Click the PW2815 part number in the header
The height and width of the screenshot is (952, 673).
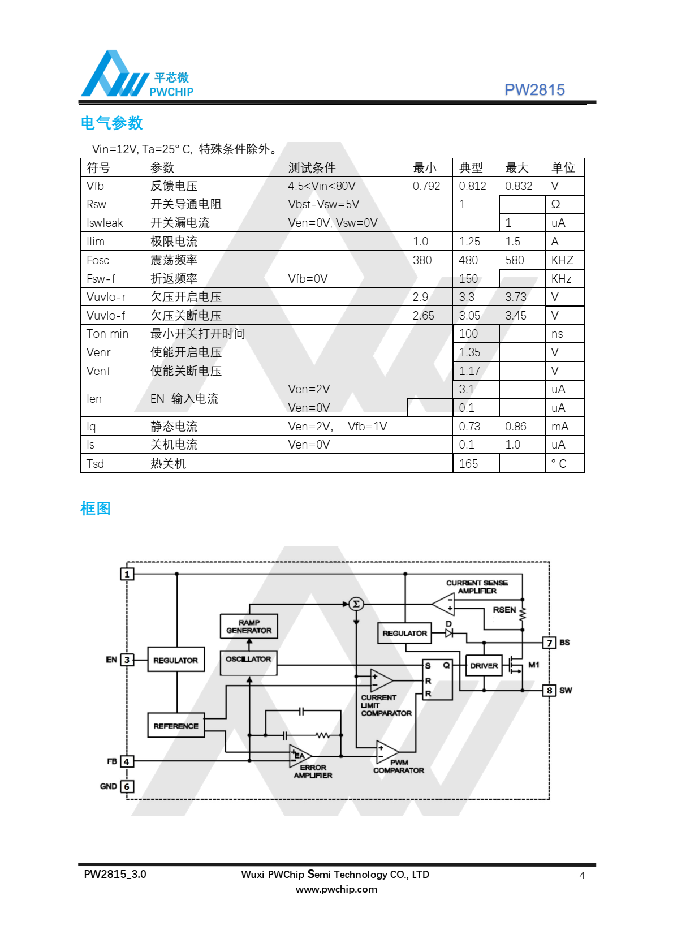[534, 90]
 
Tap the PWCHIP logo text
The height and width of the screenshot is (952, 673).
[171, 92]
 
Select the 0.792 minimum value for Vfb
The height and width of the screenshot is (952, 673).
[426, 186]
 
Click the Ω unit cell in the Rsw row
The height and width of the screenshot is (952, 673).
[555, 204]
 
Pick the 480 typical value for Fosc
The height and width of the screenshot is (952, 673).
[468, 260]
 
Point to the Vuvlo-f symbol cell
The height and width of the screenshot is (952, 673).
[106, 316]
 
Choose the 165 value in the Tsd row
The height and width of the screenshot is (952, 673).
[468, 464]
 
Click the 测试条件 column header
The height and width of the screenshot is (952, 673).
[312, 168]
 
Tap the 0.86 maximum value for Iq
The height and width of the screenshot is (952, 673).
[515, 427]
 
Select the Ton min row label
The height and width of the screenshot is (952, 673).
[107, 334]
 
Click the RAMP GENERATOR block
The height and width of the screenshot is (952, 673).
[249, 626]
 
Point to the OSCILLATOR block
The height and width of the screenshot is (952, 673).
[249, 660]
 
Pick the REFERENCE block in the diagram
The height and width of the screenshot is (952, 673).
[176, 726]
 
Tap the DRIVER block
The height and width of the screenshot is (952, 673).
[484, 666]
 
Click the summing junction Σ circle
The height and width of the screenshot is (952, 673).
[356, 604]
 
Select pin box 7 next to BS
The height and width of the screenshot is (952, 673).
[549, 643]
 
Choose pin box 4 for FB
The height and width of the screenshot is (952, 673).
[127, 762]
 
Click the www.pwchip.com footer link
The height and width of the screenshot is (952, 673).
[336, 889]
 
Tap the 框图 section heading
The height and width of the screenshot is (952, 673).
[96, 509]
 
